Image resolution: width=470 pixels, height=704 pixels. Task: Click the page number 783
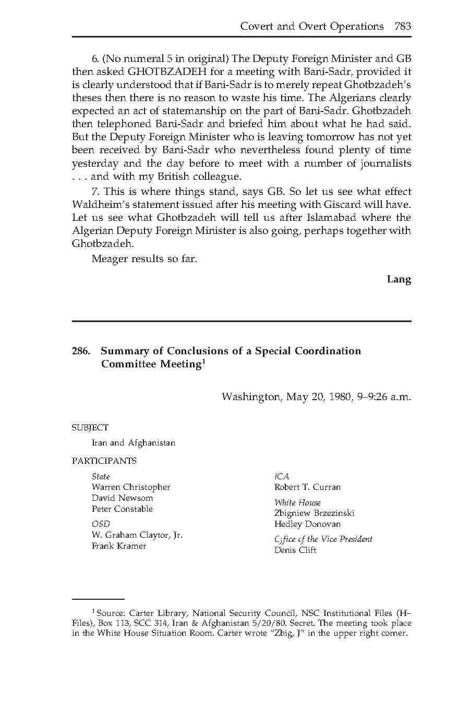pyautogui.click(x=403, y=26)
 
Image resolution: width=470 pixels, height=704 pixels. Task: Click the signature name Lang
pyautogui.click(x=399, y=279)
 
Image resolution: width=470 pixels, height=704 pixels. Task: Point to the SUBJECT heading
pyautogui.click(x=90, y=427)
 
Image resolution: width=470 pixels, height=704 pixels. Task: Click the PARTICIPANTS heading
pyautogui.click(x=104, y=461)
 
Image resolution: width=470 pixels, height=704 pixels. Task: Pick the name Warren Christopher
pyautogui.click(x=131, y=487)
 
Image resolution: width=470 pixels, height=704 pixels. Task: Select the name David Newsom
pyautogui.click(x=122, y=498)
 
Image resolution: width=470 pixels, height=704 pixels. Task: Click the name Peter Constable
pyautogui.click(x=122, y=509)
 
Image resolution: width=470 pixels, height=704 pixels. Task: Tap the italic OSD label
pyautogui.click(x=101, y=524)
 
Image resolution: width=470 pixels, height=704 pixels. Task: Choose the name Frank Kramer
pyautogui.click(x=119, y=546)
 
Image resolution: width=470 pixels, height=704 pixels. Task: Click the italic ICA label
pyautogui.click(x=282, y=476)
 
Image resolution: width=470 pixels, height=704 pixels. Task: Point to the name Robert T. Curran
pyautogui.click(x=307, y=487)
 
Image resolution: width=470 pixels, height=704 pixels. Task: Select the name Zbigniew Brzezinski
pyautogui.click(x=314, y=513)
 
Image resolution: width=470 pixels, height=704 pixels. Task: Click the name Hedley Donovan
pyautogui.click(x=307, y=524)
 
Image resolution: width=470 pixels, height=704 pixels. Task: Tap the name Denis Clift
pyautogui.click(x=295, y=550)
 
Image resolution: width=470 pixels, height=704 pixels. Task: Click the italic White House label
pyautogui.click(x=297, y=502)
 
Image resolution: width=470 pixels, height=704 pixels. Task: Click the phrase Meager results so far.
pyautogui.click(x=144, y=258)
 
